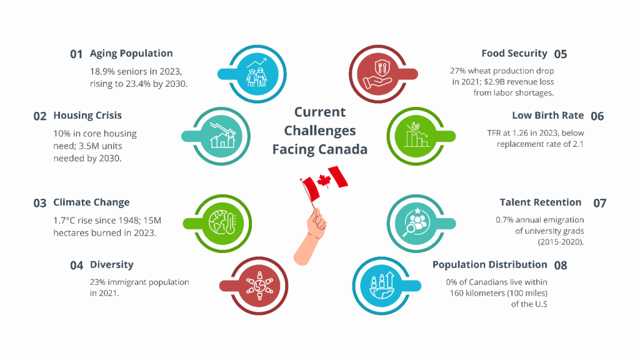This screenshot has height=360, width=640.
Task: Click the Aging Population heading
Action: tap(131, 54)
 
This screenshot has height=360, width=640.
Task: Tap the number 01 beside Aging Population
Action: tap(76, 54)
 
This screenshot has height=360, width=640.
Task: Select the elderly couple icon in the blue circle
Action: tap(257, 74)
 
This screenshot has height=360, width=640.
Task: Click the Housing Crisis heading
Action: tap(87, 116)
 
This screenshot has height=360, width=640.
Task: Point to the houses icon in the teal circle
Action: tap(222, 136)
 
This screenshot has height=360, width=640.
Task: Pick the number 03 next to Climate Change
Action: tap(40, 203)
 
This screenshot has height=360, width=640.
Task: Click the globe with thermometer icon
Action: tap(222, 223)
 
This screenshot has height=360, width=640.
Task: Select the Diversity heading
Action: tap(112, 264)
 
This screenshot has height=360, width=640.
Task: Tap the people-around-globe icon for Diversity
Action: tap(259, 285)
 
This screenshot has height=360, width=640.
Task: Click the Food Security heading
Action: tap(514, 54)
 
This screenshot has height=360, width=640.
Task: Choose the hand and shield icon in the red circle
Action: tap(379, 74)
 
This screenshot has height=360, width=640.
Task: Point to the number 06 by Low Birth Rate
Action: tap(597, 116)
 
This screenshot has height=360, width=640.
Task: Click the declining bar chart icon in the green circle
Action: tap(417, 135)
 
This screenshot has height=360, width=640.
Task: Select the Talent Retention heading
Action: tap(541, 202)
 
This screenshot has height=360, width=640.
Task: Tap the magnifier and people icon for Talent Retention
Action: tap(416, 222)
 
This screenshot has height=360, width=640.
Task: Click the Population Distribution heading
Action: tap(490, 264)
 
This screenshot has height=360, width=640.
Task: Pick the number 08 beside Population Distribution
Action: tap(561, 266)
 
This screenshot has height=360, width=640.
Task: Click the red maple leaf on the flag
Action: tap(324, 180)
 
